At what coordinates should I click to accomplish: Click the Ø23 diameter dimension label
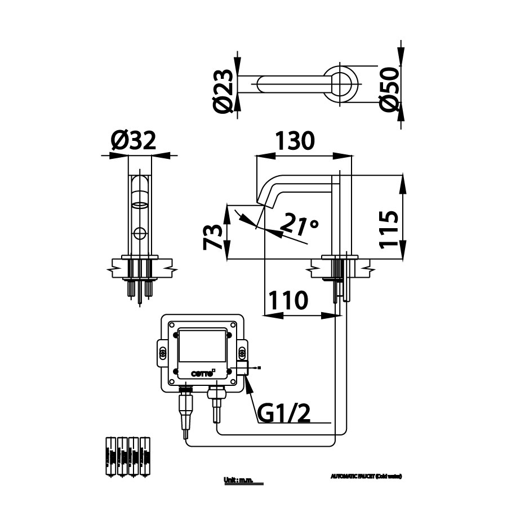click(224, 90)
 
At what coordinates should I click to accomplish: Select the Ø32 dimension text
click(133, 140)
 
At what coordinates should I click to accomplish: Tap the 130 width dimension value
click(295, 140)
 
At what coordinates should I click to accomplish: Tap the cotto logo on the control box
click(202, 372)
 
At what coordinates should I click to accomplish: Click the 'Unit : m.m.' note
click(239, 480)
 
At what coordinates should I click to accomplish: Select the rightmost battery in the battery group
click(146, 457)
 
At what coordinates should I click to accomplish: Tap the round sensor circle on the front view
click(139, 232)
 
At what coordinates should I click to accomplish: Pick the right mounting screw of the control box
click(243, 353)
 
